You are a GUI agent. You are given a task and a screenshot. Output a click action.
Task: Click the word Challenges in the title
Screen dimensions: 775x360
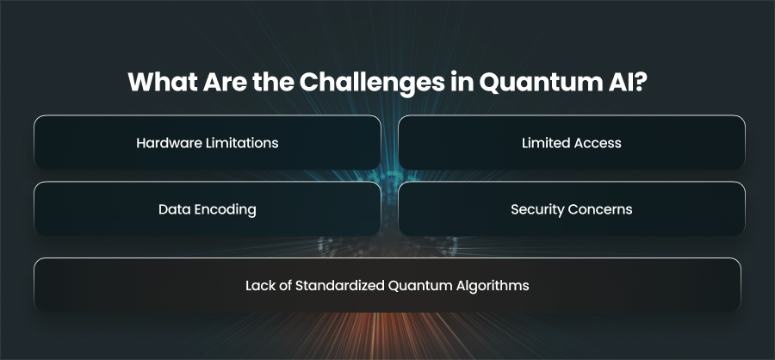tap(372, 83)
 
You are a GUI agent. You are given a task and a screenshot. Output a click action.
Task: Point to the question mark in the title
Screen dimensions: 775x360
tap(640, 82)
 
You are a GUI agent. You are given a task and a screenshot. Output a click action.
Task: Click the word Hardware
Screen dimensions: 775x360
tap(161, 143)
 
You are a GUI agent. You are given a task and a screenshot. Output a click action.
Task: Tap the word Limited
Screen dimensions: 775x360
tap(540, 143)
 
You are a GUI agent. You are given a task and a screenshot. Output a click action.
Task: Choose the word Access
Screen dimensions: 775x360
tap(592, 143)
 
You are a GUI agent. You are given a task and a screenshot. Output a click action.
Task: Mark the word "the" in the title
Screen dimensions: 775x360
tap(273, 82)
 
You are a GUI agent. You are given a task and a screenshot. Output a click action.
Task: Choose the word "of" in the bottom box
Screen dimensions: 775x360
tap(282, 285)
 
